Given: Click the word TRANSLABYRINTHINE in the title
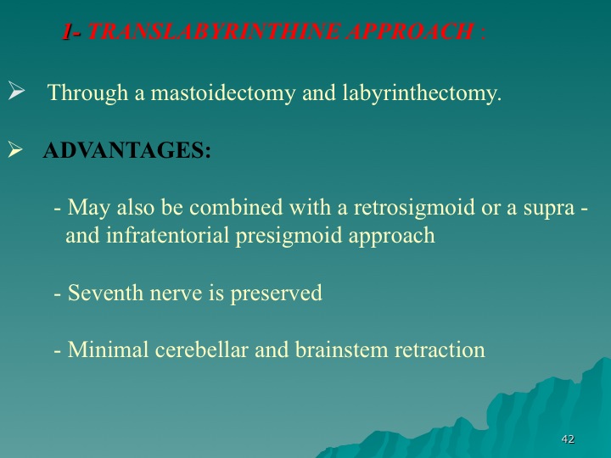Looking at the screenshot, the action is click(x=213, y=31).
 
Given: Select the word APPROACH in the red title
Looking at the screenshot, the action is click(x=410, y=31).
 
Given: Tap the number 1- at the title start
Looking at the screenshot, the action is click(x=71, y=31).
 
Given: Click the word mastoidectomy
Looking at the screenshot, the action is click(x=223, y=94).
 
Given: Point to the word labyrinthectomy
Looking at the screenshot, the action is click(x=422, y=94).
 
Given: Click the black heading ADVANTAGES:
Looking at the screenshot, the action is click(x=127, y=150).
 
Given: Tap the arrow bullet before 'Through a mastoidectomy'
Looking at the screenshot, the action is click(x=16, y=91).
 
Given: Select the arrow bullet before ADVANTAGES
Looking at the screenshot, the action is click(x=15, y=149).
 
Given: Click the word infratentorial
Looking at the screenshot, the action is click(x=167, y=235).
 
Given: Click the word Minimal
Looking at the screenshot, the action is click(x=108, y=349).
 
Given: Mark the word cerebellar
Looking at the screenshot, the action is click(x=201, y=349).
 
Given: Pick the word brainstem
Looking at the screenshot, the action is click(x=341, y=349).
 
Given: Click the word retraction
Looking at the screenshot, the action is click(x=440, y=350).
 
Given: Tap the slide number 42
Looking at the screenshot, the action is click(x=568, y=439).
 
